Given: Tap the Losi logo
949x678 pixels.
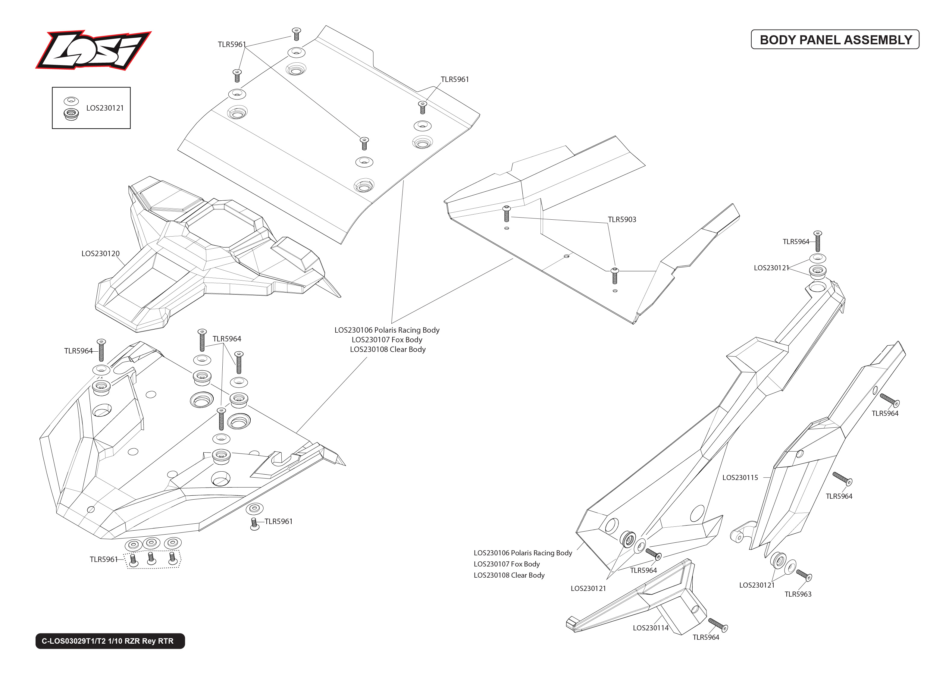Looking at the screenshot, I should (x=93, y=50).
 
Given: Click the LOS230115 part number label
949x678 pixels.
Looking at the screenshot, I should (x=740, y=477).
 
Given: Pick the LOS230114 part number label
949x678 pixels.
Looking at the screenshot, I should (x=650, y=627).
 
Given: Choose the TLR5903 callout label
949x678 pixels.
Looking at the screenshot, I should (x=622, y=219).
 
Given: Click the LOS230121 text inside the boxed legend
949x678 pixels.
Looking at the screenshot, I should (x=105, y=108).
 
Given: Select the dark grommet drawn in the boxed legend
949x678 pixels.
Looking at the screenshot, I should (x=71, y=114).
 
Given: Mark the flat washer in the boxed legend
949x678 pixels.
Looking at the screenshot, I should (x=71, y=101).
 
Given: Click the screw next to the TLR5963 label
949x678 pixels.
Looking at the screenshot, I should (x=804, y=575).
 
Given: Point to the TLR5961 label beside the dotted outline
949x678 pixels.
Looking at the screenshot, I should (x=104, y=559).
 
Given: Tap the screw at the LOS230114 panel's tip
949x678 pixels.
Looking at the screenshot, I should (x=718, y=625).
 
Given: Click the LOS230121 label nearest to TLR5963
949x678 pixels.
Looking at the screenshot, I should (x=756, y=585).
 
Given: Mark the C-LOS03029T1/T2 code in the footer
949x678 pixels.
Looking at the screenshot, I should (x=74, y=641).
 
